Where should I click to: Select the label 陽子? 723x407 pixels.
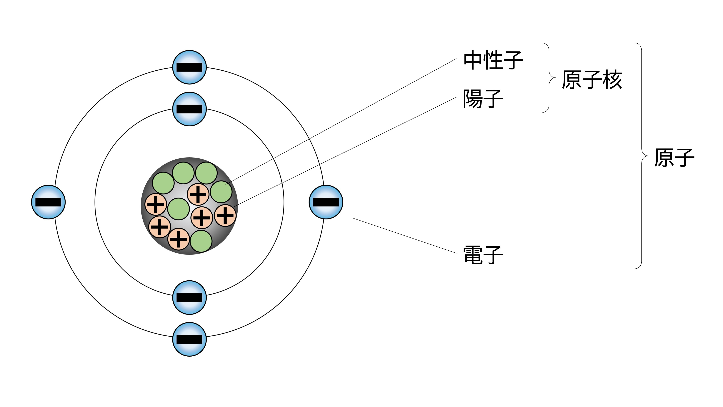[483, 99]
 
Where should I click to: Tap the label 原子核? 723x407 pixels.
[592, 80]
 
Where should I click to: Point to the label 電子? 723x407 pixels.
[483, 255]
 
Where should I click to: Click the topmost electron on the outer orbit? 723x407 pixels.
[189, 67]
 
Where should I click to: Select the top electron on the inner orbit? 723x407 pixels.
[189, 109]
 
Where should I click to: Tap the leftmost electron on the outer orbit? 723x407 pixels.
[48, 202]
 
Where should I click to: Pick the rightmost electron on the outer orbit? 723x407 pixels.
[326, 202]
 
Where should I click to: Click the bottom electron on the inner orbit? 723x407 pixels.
[189, 297]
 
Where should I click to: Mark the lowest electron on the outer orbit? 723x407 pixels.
[189, 339]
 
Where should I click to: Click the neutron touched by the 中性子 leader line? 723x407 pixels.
[221, 192]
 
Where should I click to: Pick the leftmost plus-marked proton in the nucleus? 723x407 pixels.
[156, 204]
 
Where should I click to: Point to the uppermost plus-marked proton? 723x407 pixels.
[198, 194]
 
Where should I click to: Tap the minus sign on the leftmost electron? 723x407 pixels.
[48, 202]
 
